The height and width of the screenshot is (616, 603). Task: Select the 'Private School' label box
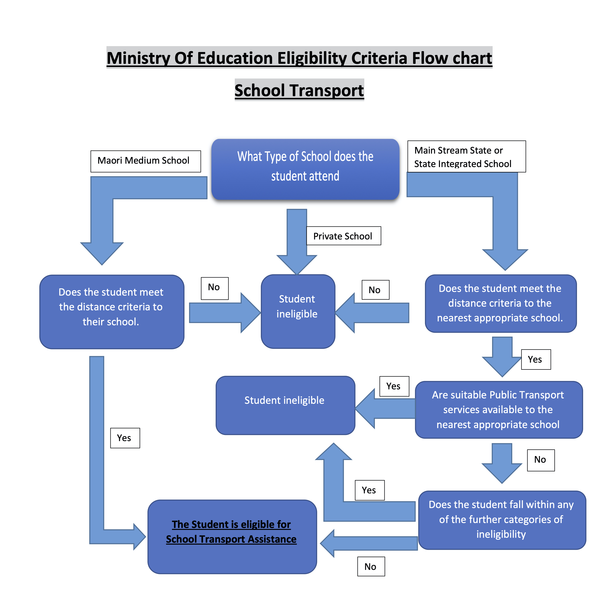343,236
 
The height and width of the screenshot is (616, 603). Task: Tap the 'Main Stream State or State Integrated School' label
466,157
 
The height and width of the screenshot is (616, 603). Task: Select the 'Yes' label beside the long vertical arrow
125,438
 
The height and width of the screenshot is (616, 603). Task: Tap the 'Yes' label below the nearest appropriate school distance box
536,359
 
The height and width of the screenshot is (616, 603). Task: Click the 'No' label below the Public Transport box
541,460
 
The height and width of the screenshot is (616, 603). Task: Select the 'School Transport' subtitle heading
299,90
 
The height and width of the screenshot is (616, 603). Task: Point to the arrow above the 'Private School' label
297,241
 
